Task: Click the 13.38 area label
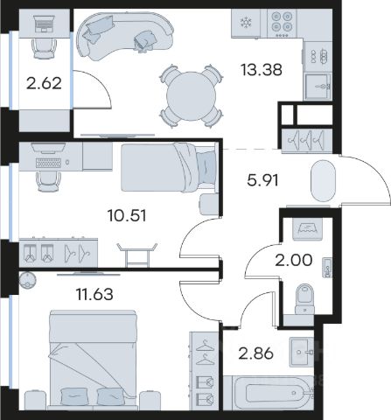(x=262, y=70)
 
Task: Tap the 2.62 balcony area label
(x=44, y=83)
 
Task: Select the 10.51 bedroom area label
(x=127, y=216)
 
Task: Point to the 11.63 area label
(x=94, y=294)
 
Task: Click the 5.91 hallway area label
(x=262, y=180)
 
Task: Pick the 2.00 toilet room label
(x=294, y=260)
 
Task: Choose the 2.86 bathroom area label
(x=256, y=353)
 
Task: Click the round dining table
(x=191, y=96)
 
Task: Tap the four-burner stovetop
(x=282, y=23)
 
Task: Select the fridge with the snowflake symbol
(x=246, y=24)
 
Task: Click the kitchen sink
(x=318, y=87)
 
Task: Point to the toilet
(x=304, y=298)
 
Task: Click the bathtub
(x=269, y=393)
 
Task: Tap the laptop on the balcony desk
(x=44, y=24)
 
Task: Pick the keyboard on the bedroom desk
(x=48, y=163)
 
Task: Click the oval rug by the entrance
(x=324, y=180)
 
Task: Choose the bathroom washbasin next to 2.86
(x=301, y=352)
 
